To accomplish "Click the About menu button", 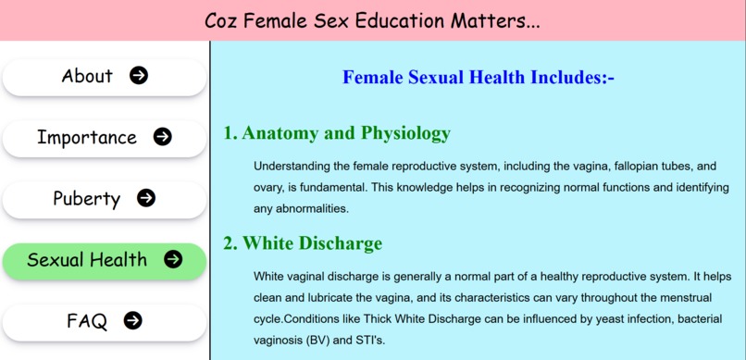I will pos(104,77).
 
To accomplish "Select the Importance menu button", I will pos(104,138).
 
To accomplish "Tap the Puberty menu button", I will pos(104,199).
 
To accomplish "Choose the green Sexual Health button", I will pos(104,261).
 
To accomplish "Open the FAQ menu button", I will pos(104,321).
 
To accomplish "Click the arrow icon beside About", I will pos(139,76).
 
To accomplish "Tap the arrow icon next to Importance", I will pos(162,137).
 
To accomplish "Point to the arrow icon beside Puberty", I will pos(145,198).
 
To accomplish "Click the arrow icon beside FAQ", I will pos(133,320).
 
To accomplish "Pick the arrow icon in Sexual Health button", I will pos(173,259).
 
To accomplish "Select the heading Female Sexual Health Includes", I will pos(479,78).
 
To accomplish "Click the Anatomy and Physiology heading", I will pos(337,133).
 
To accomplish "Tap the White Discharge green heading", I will pos(303,244).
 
